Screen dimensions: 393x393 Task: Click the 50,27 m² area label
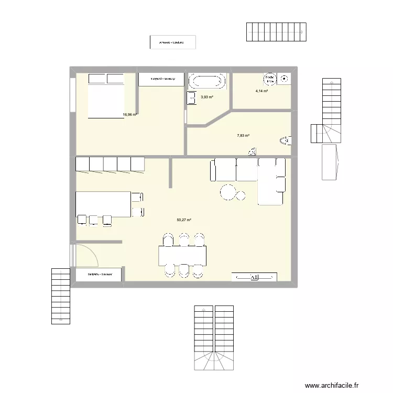pyautogui.click(x=183, y=220)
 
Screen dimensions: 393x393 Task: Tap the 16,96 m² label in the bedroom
pyautogui.click(x=129, y=114)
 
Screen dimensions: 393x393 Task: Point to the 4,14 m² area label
pyautogui.click(x=261, y=91)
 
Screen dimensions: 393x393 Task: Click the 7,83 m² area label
pyautogui.click(x=243, y=135)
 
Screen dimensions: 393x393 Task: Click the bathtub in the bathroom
pyautogui.click(x=207, y=81)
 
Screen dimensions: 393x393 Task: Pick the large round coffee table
pyautogui.click(x=228, y=192)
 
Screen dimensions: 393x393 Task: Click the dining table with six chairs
pyautogui.click(x=183, y=256)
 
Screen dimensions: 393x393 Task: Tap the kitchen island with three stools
pyautogui.click(x=103, y=204)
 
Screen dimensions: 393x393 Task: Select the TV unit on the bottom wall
pyautogui.click(x=254, y=277)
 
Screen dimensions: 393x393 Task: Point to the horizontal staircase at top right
pyautogui.click(x=276, y=32)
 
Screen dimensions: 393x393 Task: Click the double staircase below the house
pyautogui.click(x=214, y=338)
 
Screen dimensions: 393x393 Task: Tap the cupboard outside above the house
pyautogui.click(x=172, y=42)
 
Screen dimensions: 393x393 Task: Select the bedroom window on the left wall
pyautogui.click(x=71, y=95)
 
